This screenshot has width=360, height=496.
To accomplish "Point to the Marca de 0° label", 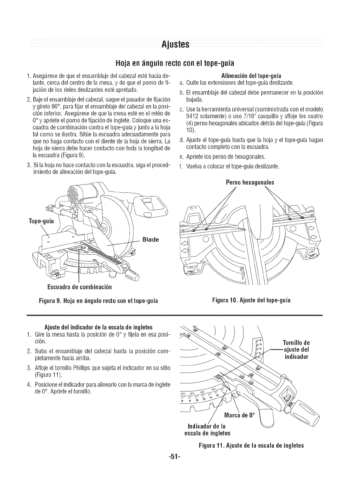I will [240, 416].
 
